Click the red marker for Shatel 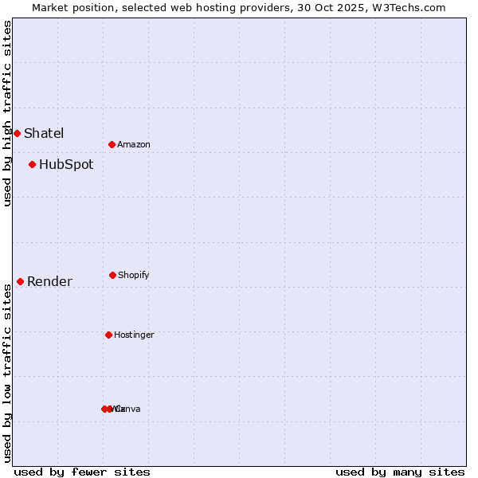coord(17,133)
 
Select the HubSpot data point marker coord(32,165)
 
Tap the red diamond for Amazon coord(112,144)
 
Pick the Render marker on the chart coord(20,281)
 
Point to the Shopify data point coord(112,275)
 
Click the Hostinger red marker coord(108,335)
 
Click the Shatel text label coord(44,133)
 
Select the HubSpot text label coord(66,165)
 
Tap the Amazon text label coord(134,144)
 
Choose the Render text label coord(49,281)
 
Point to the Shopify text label coord(134,275)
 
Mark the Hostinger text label coord(134,335)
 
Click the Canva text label coord(129,409)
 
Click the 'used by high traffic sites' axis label coord(7,113)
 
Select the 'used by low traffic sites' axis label coord(7,373)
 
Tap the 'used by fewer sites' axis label coord(82,472)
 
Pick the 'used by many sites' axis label coord(400,472)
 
